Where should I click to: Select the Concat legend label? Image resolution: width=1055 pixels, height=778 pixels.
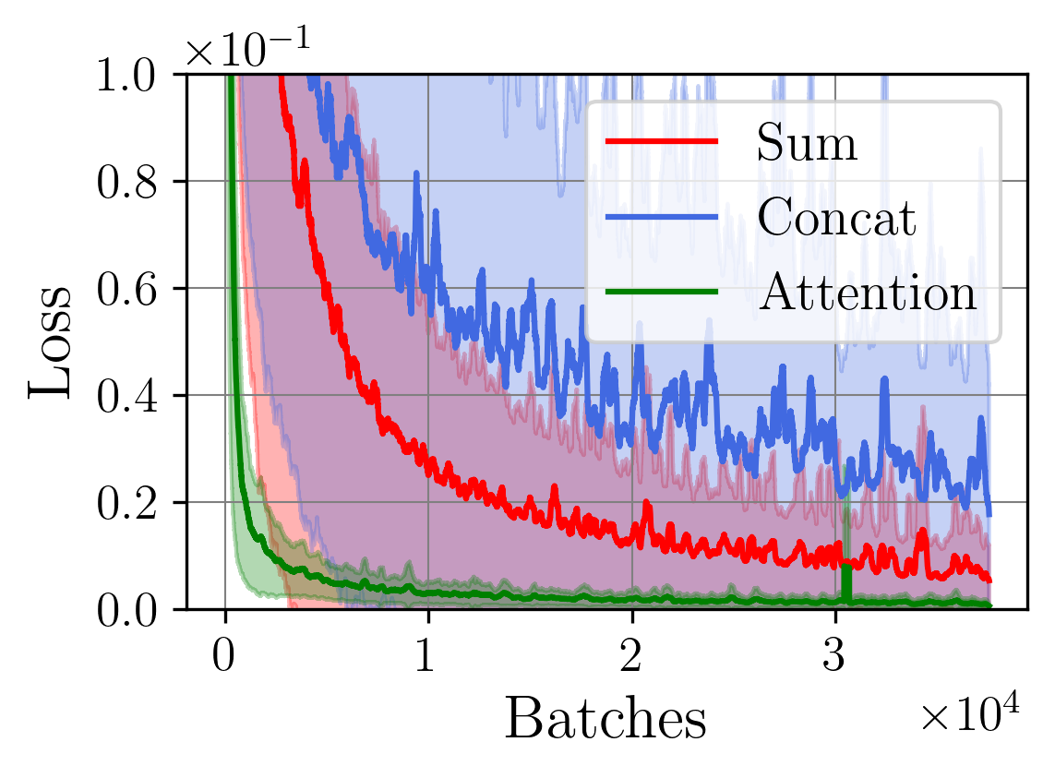coord(836,218)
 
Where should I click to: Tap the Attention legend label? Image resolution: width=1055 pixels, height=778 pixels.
coord(867,293)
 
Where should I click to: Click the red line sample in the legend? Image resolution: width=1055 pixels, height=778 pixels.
coord(661,141)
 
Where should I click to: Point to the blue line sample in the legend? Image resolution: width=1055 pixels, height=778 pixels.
coord(661,217)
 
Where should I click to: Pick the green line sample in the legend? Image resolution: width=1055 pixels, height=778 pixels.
coord(661,292)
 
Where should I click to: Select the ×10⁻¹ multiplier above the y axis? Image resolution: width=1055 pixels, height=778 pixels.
coord(247,50)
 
